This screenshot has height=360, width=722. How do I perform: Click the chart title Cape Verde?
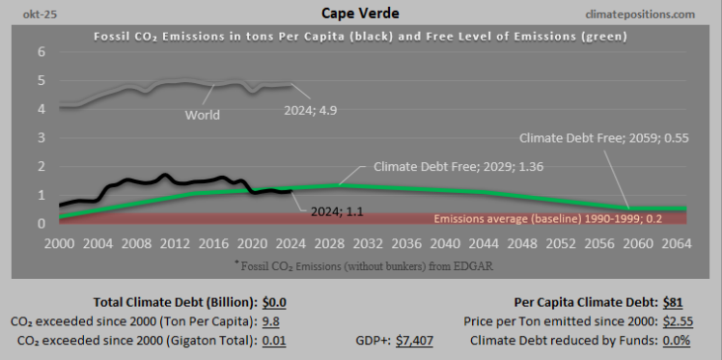[x=360, y=14]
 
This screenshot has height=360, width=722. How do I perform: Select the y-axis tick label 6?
[x=42, y=52]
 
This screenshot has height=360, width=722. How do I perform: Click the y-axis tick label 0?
[x=42, y=224]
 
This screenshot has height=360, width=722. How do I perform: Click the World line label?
[x=203, y=115]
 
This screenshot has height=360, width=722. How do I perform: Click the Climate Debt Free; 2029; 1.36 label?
[x=444, y=165]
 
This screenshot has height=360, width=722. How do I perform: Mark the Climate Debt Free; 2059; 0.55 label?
[x=590, y=137]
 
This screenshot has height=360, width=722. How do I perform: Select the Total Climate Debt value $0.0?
[x=274, y=301]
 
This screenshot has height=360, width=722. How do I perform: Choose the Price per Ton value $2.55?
[x=672, y=320]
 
